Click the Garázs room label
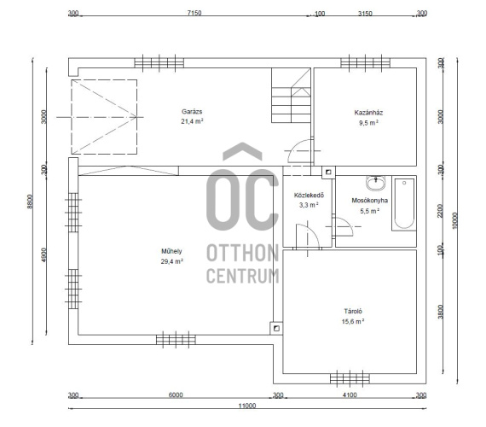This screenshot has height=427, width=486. [x=192, y=112]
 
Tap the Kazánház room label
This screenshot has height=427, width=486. [x=368, y=113]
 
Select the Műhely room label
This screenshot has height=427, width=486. [x=171, y=251]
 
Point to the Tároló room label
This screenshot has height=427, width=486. [x=353, y=311]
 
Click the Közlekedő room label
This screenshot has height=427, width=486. [x=309, y=195]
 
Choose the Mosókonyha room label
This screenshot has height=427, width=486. [x=369, y=201]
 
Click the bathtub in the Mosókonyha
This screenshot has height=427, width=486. [x=404, y=203]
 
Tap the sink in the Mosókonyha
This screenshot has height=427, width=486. [x=376, y=183]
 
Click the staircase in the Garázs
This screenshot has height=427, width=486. [x=291, y=96]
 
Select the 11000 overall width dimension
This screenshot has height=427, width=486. [x=247, y=406]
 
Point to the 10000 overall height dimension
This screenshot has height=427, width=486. [x=454, y=220]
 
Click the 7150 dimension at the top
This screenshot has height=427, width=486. [x=194, y=13]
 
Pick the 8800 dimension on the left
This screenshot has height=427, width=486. [x=30, y=202]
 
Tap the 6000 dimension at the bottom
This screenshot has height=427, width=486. [x=176, y=395]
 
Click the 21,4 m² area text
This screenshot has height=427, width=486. [x=192, y=121]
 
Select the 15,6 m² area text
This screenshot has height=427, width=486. [x=353, y=321]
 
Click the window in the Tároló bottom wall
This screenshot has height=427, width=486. [x=350, y=378]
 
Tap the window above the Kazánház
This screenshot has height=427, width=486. [x=366, y=62]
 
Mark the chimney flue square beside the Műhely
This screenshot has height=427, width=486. [x=276, y=328]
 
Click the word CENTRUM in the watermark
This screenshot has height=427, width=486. [x=243, y=276]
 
